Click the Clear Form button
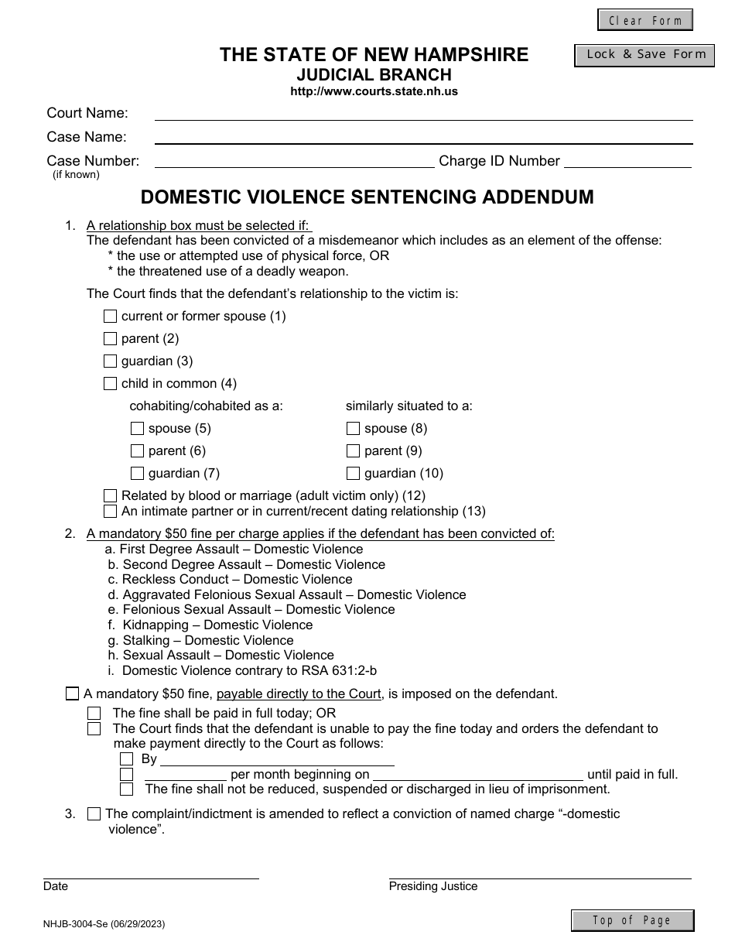coord(644,20)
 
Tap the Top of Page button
coord(632,920)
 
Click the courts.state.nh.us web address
coord(374,91)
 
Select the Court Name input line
coord(423,113)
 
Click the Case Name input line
coord(423,137)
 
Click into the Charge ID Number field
coord(627,161)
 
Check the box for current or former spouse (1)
coord(110,317)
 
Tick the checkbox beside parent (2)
coord(110,339)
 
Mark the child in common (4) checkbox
coord(110,384)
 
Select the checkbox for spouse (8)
coord(353,429)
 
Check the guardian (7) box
coord(137,474)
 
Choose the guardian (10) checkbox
coord(353,474)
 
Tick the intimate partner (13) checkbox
coord(110,512)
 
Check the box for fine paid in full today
coord(94,713)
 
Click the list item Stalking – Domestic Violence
coord(207,640)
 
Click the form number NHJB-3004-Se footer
coord(104,923)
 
